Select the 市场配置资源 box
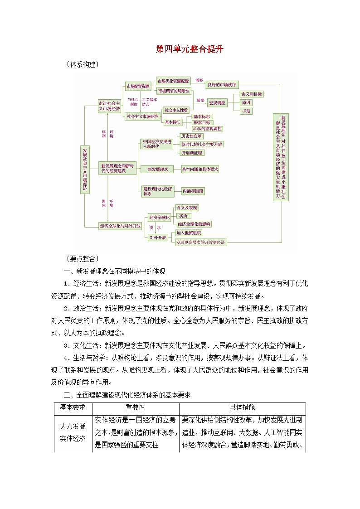tap(138, 86)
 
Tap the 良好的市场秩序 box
tap(222, 84)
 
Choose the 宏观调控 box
tap(217, 103)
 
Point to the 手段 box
tap(246, 111)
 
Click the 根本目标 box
tap(202, 122)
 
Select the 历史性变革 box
tap(191, 136)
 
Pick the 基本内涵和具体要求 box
tap(200, 169)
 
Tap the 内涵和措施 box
tap(193, 191)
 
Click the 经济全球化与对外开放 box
tap(120, 225)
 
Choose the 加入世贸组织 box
tap(189, 233)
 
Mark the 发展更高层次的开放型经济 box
tap(201, 242)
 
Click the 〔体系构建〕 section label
tap(82, 65)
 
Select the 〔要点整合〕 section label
tap(82, 259)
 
